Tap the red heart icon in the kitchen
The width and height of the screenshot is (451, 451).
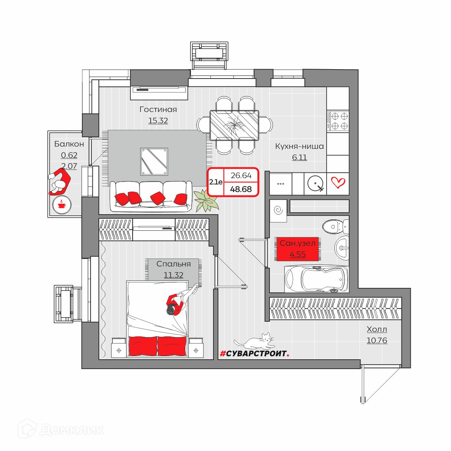tap(338, 183)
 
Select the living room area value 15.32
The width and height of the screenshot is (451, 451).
tap(158, 121)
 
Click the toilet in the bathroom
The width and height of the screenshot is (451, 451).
tap(335, 227)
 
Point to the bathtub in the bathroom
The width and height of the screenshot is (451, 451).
tap(316, 279)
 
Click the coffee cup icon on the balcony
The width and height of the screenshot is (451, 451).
tap(62, 204)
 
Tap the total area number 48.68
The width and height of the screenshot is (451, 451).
tap(241, 189)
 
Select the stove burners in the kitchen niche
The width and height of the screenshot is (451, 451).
tap(338, 121)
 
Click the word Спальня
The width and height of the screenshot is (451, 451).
tap(173, 264)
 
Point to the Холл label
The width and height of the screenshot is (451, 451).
tap(377, 329)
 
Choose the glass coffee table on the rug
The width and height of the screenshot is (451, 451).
tap(154, 162)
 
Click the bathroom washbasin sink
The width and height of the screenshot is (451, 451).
tap(342, 248)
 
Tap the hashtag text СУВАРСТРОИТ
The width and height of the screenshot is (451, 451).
tap(254, 354)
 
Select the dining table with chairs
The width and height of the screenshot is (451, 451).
tap(234, 125)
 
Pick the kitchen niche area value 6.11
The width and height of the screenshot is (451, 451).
tap(299, 157)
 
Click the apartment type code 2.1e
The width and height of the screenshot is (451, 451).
tap(216, 182)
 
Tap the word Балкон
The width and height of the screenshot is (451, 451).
tap(69, 144)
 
